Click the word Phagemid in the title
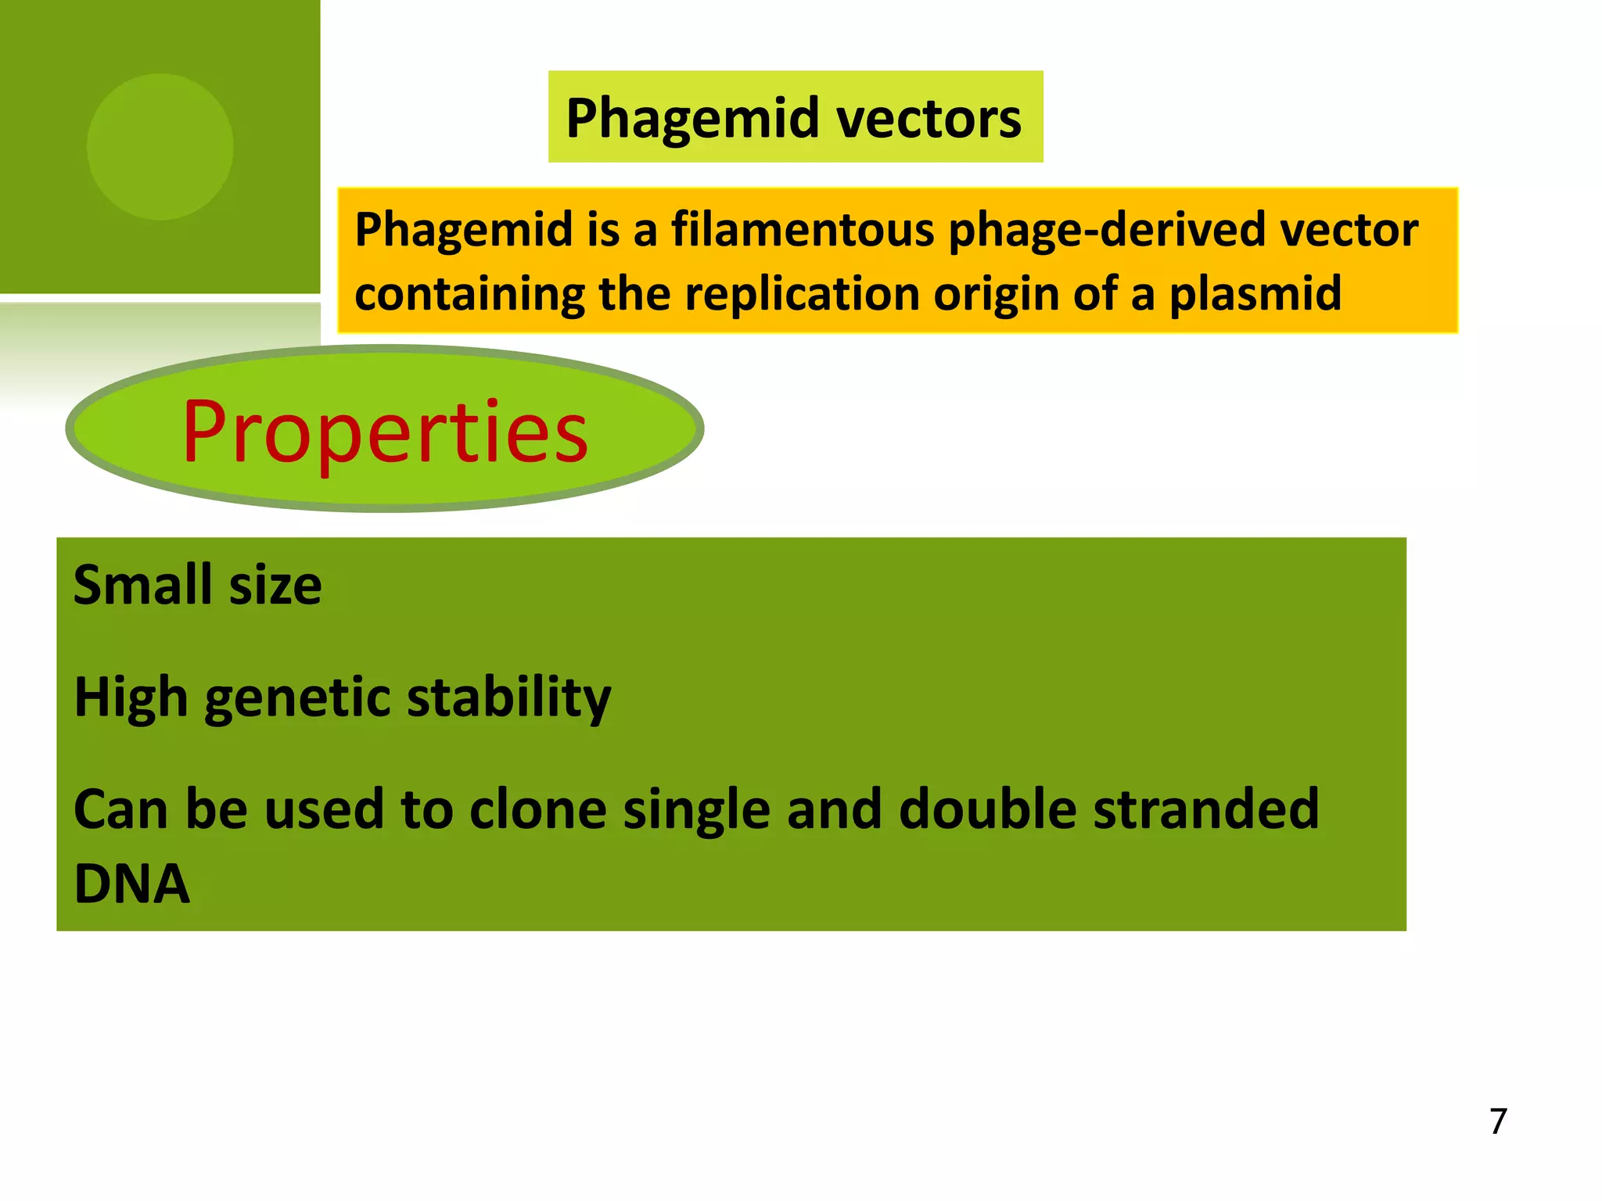click(x=692, y=119)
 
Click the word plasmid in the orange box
click(x=1255, y=294)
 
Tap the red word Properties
click(x=385, y=432)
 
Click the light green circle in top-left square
click(x=160, y=146)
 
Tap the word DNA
click(x=131, y=884)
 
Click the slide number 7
click(x=1498, y=1121)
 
